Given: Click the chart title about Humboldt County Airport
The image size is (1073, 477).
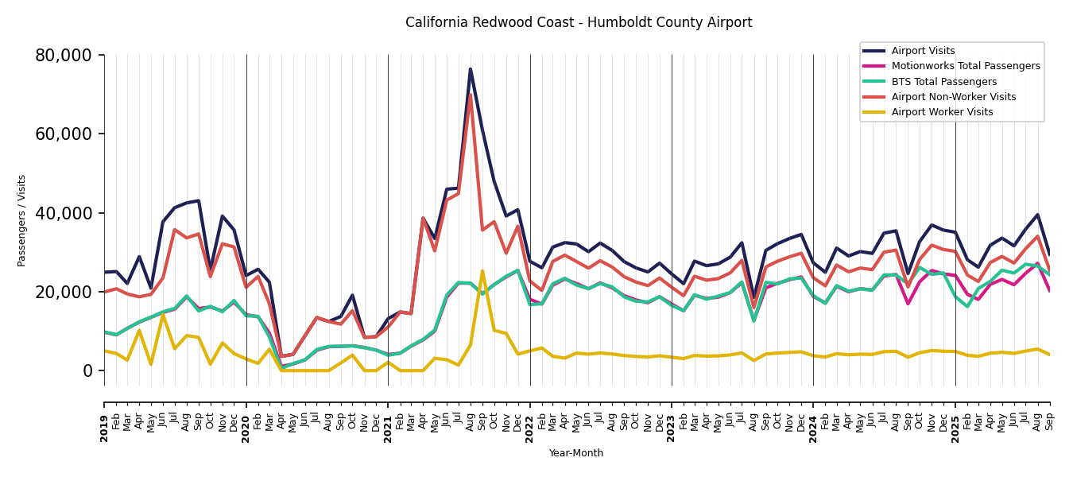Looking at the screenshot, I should (579, 23).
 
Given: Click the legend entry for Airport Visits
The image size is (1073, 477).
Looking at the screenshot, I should (923, 51).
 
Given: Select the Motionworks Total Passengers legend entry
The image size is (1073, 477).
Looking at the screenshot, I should (965, 66).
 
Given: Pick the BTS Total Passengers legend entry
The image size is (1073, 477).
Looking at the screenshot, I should (943, 82).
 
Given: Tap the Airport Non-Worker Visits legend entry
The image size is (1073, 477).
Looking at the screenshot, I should (953, 97).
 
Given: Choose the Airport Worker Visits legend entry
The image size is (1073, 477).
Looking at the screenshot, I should (942, 112).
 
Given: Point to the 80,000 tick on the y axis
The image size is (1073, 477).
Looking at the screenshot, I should (64, 56).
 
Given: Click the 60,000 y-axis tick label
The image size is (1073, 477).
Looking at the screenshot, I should (64, 134).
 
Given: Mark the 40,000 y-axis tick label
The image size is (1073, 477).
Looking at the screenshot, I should (64, 213).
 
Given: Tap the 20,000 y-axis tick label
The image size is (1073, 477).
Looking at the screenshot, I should (64, 292).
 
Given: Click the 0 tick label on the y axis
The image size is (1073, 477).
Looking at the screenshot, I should (87, 370).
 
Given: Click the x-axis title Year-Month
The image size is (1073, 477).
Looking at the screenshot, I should (576, 453).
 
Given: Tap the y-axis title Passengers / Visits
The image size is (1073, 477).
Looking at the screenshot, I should (22, 220).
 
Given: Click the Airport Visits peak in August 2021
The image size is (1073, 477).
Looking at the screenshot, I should (470, 69).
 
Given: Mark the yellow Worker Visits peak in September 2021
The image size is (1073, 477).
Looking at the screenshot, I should (482, 271).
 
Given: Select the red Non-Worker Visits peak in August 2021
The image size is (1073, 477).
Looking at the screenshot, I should (470, 95).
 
